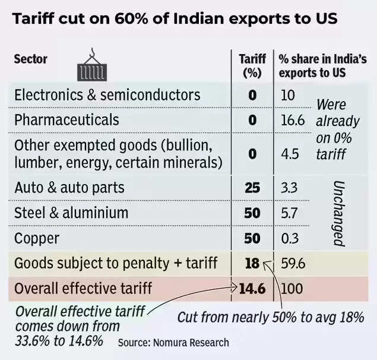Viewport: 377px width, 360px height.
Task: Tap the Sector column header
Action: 31,59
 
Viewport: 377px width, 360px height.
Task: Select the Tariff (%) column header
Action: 252,65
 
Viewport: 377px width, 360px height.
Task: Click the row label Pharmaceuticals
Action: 66,120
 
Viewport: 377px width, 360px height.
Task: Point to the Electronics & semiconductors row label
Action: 107,95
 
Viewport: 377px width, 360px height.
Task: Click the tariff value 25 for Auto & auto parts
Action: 252,188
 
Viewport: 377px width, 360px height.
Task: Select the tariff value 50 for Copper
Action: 252,238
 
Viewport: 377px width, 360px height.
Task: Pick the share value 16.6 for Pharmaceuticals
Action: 292,120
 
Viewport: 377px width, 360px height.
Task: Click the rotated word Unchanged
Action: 338,213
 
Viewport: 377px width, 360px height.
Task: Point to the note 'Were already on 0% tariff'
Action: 337,128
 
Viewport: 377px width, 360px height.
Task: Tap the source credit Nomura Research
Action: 173,343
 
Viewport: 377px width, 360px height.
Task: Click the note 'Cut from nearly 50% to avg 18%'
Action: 270,317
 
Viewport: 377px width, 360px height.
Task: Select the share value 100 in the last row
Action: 291,289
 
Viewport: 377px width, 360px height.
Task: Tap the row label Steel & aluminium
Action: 71,213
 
